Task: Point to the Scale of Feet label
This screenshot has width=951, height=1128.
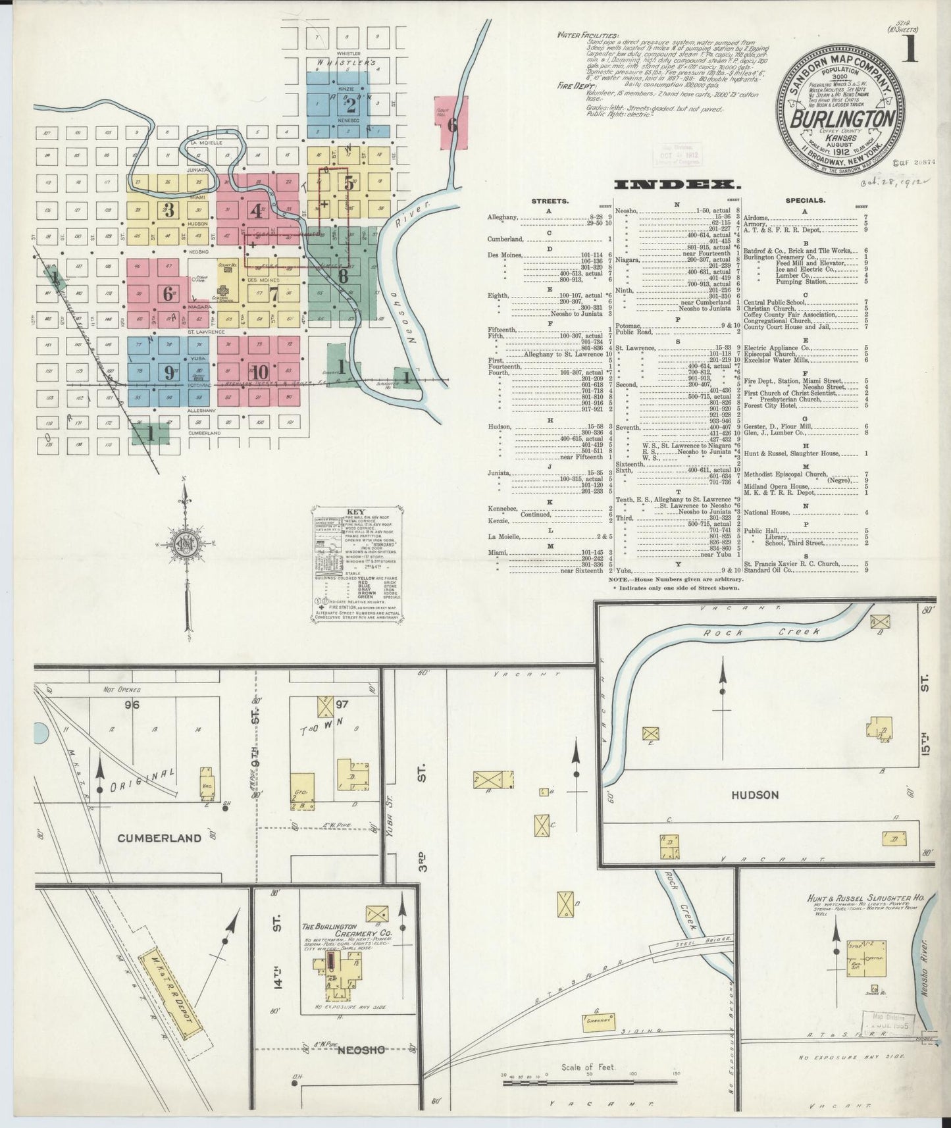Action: pos(588,1067)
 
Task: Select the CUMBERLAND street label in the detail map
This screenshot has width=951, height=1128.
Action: pos(159,838)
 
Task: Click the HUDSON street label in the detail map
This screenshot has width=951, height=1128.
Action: pos(755,794)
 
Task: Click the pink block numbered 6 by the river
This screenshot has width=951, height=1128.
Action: pos(451,124)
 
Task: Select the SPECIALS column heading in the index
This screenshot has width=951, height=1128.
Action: pos(805,200)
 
